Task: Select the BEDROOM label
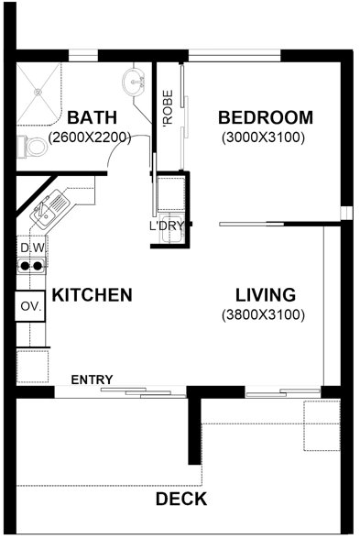[265, 118]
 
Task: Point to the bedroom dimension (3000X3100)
[264, 138]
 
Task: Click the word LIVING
[265, 295]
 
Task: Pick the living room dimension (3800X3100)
[264, 315]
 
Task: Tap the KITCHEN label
[92, 295]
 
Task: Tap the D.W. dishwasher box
[32, 247]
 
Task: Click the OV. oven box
[30, 307]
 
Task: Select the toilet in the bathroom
[33, 145]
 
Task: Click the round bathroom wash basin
[136, 82]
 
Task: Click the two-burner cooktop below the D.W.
[32, 268]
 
